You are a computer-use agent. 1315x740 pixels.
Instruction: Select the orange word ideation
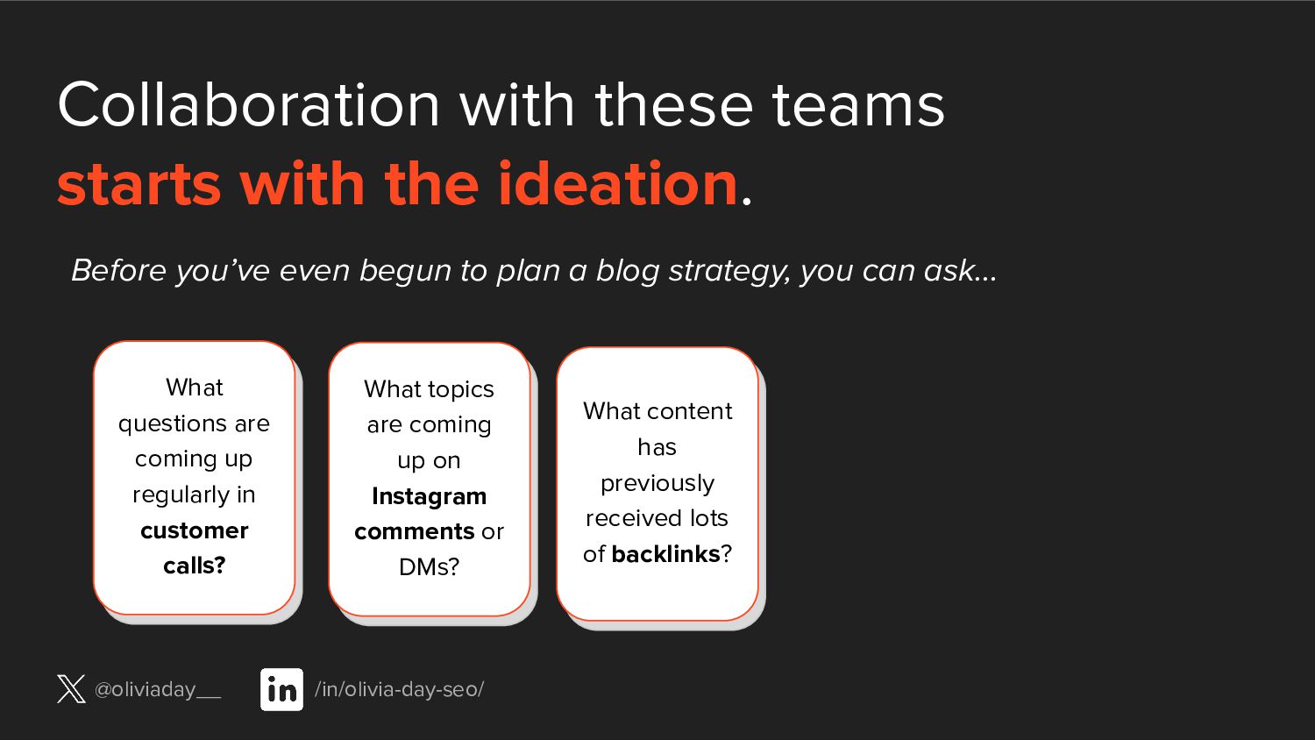[x=617, y=184]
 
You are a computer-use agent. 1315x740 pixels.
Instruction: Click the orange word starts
[x=139, y=186]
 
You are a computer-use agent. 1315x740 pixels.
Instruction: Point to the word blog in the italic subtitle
[x=628, y=271]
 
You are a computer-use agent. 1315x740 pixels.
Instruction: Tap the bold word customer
[x=195, y=531]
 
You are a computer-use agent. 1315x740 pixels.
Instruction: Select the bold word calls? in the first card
[x=195, y=566]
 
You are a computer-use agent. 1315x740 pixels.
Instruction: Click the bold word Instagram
[x=430, y=497]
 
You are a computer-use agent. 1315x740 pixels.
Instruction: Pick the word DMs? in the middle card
[x=430, y=567]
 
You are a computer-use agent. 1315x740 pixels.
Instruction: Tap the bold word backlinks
[x=665, y=554]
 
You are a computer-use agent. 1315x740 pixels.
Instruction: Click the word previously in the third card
[x=657, y=484]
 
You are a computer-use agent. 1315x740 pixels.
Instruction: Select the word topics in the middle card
[x=461, y=390]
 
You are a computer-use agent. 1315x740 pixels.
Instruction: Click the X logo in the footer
[x=71, y=689]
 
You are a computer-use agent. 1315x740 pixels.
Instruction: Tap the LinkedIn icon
[x=281, y=689]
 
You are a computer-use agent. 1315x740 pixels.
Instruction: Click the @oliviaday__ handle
[x=157, y=689]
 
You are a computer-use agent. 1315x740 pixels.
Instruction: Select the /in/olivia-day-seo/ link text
[x=399, y=689]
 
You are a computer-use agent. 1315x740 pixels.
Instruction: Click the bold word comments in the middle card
[x=415, y=532]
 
